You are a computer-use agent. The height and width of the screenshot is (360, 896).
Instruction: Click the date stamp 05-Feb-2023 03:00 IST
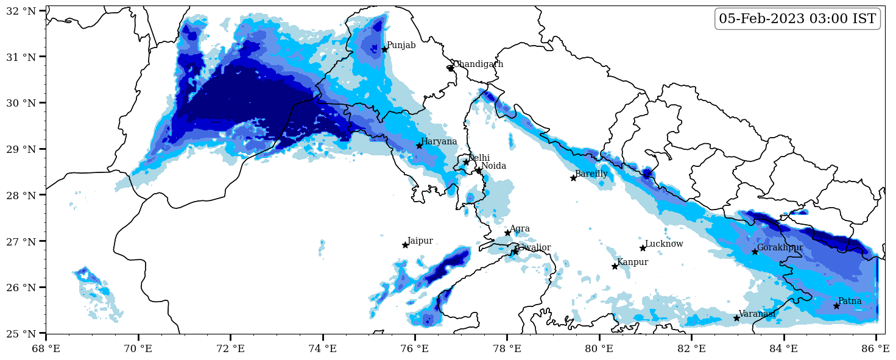coord(797,19)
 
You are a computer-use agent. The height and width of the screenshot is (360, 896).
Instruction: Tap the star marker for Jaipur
coord(405,245)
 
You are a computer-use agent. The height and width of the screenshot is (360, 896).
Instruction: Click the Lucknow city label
coord(664,244)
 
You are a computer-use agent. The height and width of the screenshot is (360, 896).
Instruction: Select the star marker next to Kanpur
coord(615,266)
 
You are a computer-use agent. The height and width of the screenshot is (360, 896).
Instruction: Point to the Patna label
coord(850,302)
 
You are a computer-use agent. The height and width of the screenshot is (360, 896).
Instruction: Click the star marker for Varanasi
coord(736,318)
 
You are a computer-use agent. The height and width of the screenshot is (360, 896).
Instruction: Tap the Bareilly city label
coord(591,174)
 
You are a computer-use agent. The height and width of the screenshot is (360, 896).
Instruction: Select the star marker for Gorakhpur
coord(755,252)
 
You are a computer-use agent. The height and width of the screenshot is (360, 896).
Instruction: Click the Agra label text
coord(520,229)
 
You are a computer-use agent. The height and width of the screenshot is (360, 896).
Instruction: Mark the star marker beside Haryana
coord(419,146)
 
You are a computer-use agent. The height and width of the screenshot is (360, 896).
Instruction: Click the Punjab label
coord(401,46)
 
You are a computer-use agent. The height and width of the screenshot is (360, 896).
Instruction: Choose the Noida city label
coord(493,166)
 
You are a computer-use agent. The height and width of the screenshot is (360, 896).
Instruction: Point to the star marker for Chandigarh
coord(451,68)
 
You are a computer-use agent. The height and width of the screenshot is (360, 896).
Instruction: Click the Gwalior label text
coord(534,248)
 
